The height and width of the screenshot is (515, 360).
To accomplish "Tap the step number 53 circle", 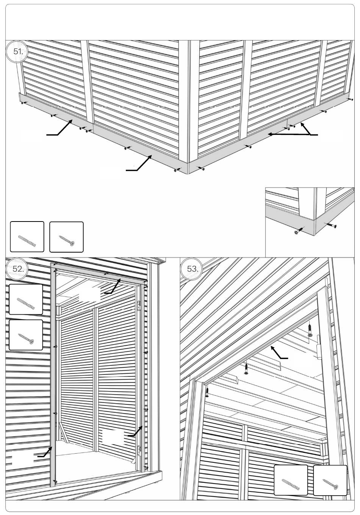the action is click(x=192, y=269).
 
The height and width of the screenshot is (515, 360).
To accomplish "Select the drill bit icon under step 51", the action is click(x=27, y=237).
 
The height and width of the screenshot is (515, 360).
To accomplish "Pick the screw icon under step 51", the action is click(x=66, y=237).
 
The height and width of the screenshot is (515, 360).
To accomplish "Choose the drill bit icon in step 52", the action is click(x=26, y=299).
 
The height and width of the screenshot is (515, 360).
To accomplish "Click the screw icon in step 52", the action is click(x=26, y=335).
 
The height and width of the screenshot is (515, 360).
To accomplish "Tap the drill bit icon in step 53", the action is click(x=291, y=480).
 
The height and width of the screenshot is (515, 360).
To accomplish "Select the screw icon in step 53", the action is click(x=330, y=480).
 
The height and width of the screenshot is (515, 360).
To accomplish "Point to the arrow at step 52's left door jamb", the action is click(x=45, y=453).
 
